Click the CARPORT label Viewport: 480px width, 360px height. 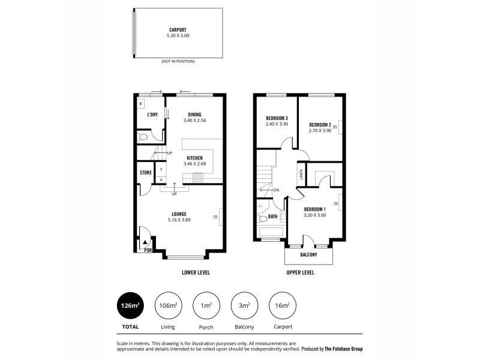(x=177, y=29)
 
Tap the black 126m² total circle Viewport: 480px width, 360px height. (x=130, y=306)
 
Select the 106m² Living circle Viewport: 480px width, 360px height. (x=169, y=306)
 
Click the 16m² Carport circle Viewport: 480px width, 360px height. (x=283, y=306)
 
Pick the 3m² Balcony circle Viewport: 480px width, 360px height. (x=245, y=306)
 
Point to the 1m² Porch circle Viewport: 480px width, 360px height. (x=206, y=306)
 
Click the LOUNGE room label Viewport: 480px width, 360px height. (x=179, y=214)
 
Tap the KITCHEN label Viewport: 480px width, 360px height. (x=194, y=158)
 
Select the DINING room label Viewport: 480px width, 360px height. (x=194, y=114)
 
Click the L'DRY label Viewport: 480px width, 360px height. (x=152, y=115)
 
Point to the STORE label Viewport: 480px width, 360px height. (x=145, y=173)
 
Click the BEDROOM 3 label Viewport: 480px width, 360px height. (x=277, y=118)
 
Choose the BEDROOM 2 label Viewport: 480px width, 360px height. (x=320, y=124)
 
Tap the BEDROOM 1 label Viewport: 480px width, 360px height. (x=314, y=209)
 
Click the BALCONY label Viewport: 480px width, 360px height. (x=308, y=255)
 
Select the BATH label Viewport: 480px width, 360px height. (x=272, y=217)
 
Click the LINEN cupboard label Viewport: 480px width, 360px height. (x=301, y=175)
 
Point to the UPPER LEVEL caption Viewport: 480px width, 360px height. (x=300, y=272)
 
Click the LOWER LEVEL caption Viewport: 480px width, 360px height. (x=196, y=272)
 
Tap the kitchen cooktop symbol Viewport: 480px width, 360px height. (x=197, y=176)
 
